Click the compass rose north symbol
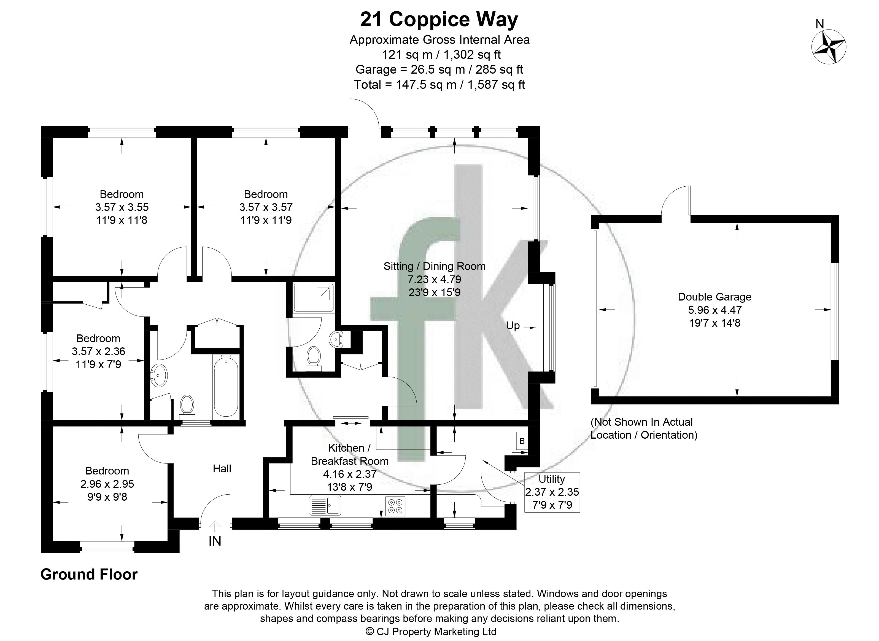click(829, 47)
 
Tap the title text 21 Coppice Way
click(439, 19)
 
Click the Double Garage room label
click(714, 297)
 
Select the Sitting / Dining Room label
click(434, 266)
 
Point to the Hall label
click(222, 468)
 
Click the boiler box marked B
click(522, 441)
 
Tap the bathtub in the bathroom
click(226, 387)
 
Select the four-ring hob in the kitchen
click(395, 506)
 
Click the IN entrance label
click(215, 541)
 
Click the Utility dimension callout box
click(552, 492)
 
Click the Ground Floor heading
click(89, 574)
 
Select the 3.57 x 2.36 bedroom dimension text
click(98, 351)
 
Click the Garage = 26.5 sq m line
click(439, 69)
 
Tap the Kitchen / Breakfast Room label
click(349, 454)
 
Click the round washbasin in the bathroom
click(159, 375)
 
